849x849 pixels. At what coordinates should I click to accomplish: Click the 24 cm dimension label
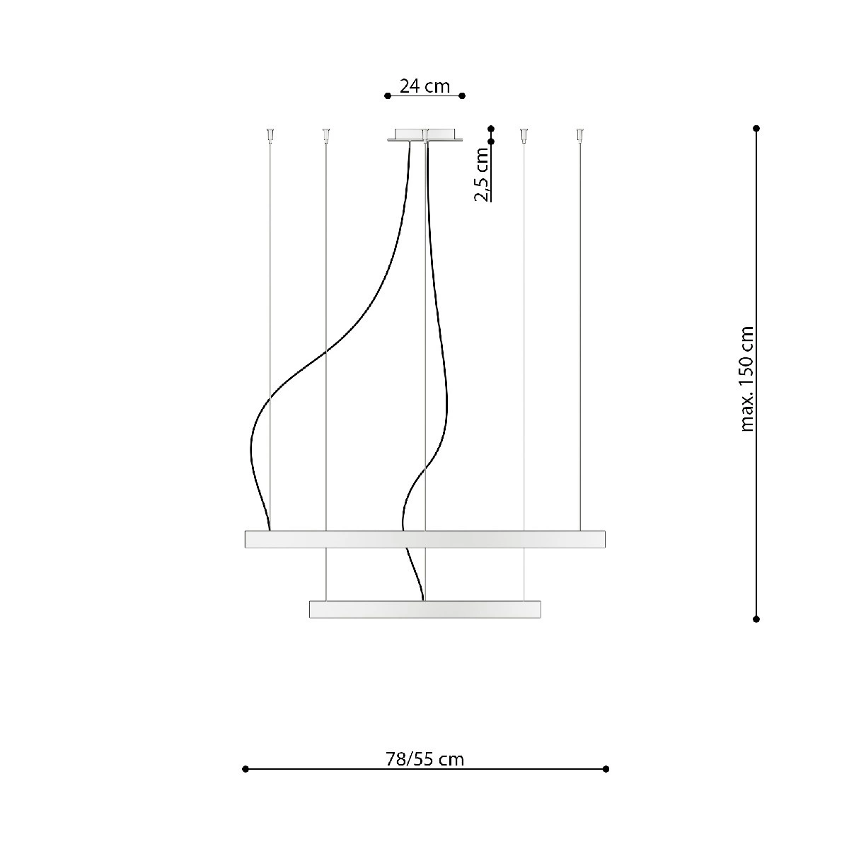point(424,86)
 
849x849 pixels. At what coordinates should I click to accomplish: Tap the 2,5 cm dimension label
point(482,175)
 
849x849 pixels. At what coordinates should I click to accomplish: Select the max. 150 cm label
point(747,379)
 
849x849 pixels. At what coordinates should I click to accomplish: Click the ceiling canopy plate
point(424,135)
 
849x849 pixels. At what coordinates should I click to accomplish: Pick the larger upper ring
point(424,539)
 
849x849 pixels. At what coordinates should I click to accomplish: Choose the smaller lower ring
point(424,609)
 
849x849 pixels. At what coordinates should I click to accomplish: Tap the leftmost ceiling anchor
point(270,135)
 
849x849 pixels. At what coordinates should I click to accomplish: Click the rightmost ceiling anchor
point(580,135)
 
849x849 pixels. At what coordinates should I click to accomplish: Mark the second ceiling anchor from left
point(325,135)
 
